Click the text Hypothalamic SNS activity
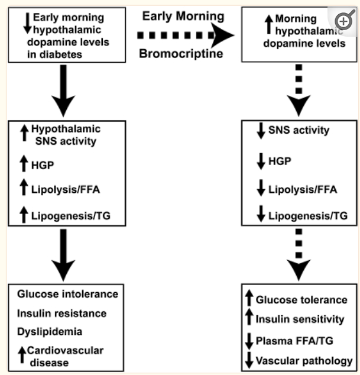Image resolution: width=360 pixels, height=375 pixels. [x=66, y=134]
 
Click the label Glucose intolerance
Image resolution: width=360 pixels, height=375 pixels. [x=68, y=294]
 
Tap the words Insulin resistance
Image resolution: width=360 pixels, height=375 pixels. [x=62, y=313]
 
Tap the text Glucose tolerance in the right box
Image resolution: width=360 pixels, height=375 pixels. [x=301, y=300]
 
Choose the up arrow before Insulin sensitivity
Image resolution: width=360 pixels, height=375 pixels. [x=249, y=319]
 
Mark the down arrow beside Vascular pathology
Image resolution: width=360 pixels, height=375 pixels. [x=249, y=360]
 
